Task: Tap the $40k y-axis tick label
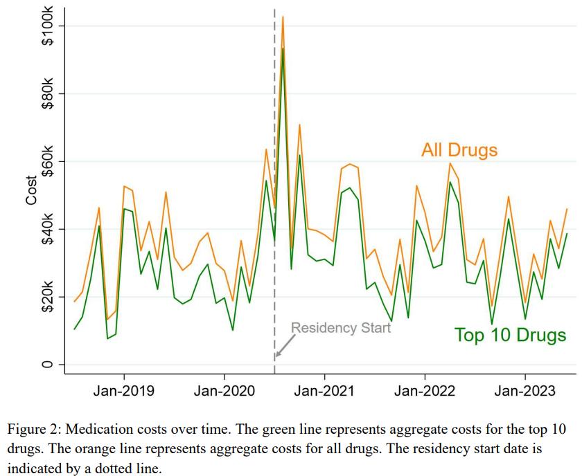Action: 48,230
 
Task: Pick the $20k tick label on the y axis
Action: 48,297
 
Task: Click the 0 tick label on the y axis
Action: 48,365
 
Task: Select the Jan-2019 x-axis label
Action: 124,391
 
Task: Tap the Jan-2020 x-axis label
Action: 224,391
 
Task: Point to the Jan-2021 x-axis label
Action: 324,391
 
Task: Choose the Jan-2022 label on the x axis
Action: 425,391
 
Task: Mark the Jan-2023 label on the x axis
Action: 525,391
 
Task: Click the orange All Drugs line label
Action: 459,149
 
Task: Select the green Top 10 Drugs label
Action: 510,336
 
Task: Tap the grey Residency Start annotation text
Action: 340,328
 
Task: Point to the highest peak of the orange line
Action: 283,17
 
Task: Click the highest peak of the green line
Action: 283,48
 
